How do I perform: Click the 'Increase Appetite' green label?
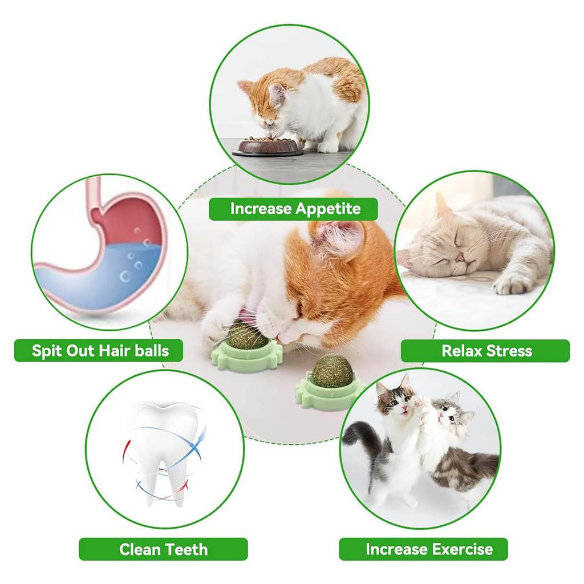(x=295, y=209)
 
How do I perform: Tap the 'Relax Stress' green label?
(x=486, y=351)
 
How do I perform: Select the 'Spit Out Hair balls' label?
(x=100, y=350)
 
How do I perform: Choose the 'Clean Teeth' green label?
(x=163, y=549)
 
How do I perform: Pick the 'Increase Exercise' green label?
(x=428, y=549)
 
